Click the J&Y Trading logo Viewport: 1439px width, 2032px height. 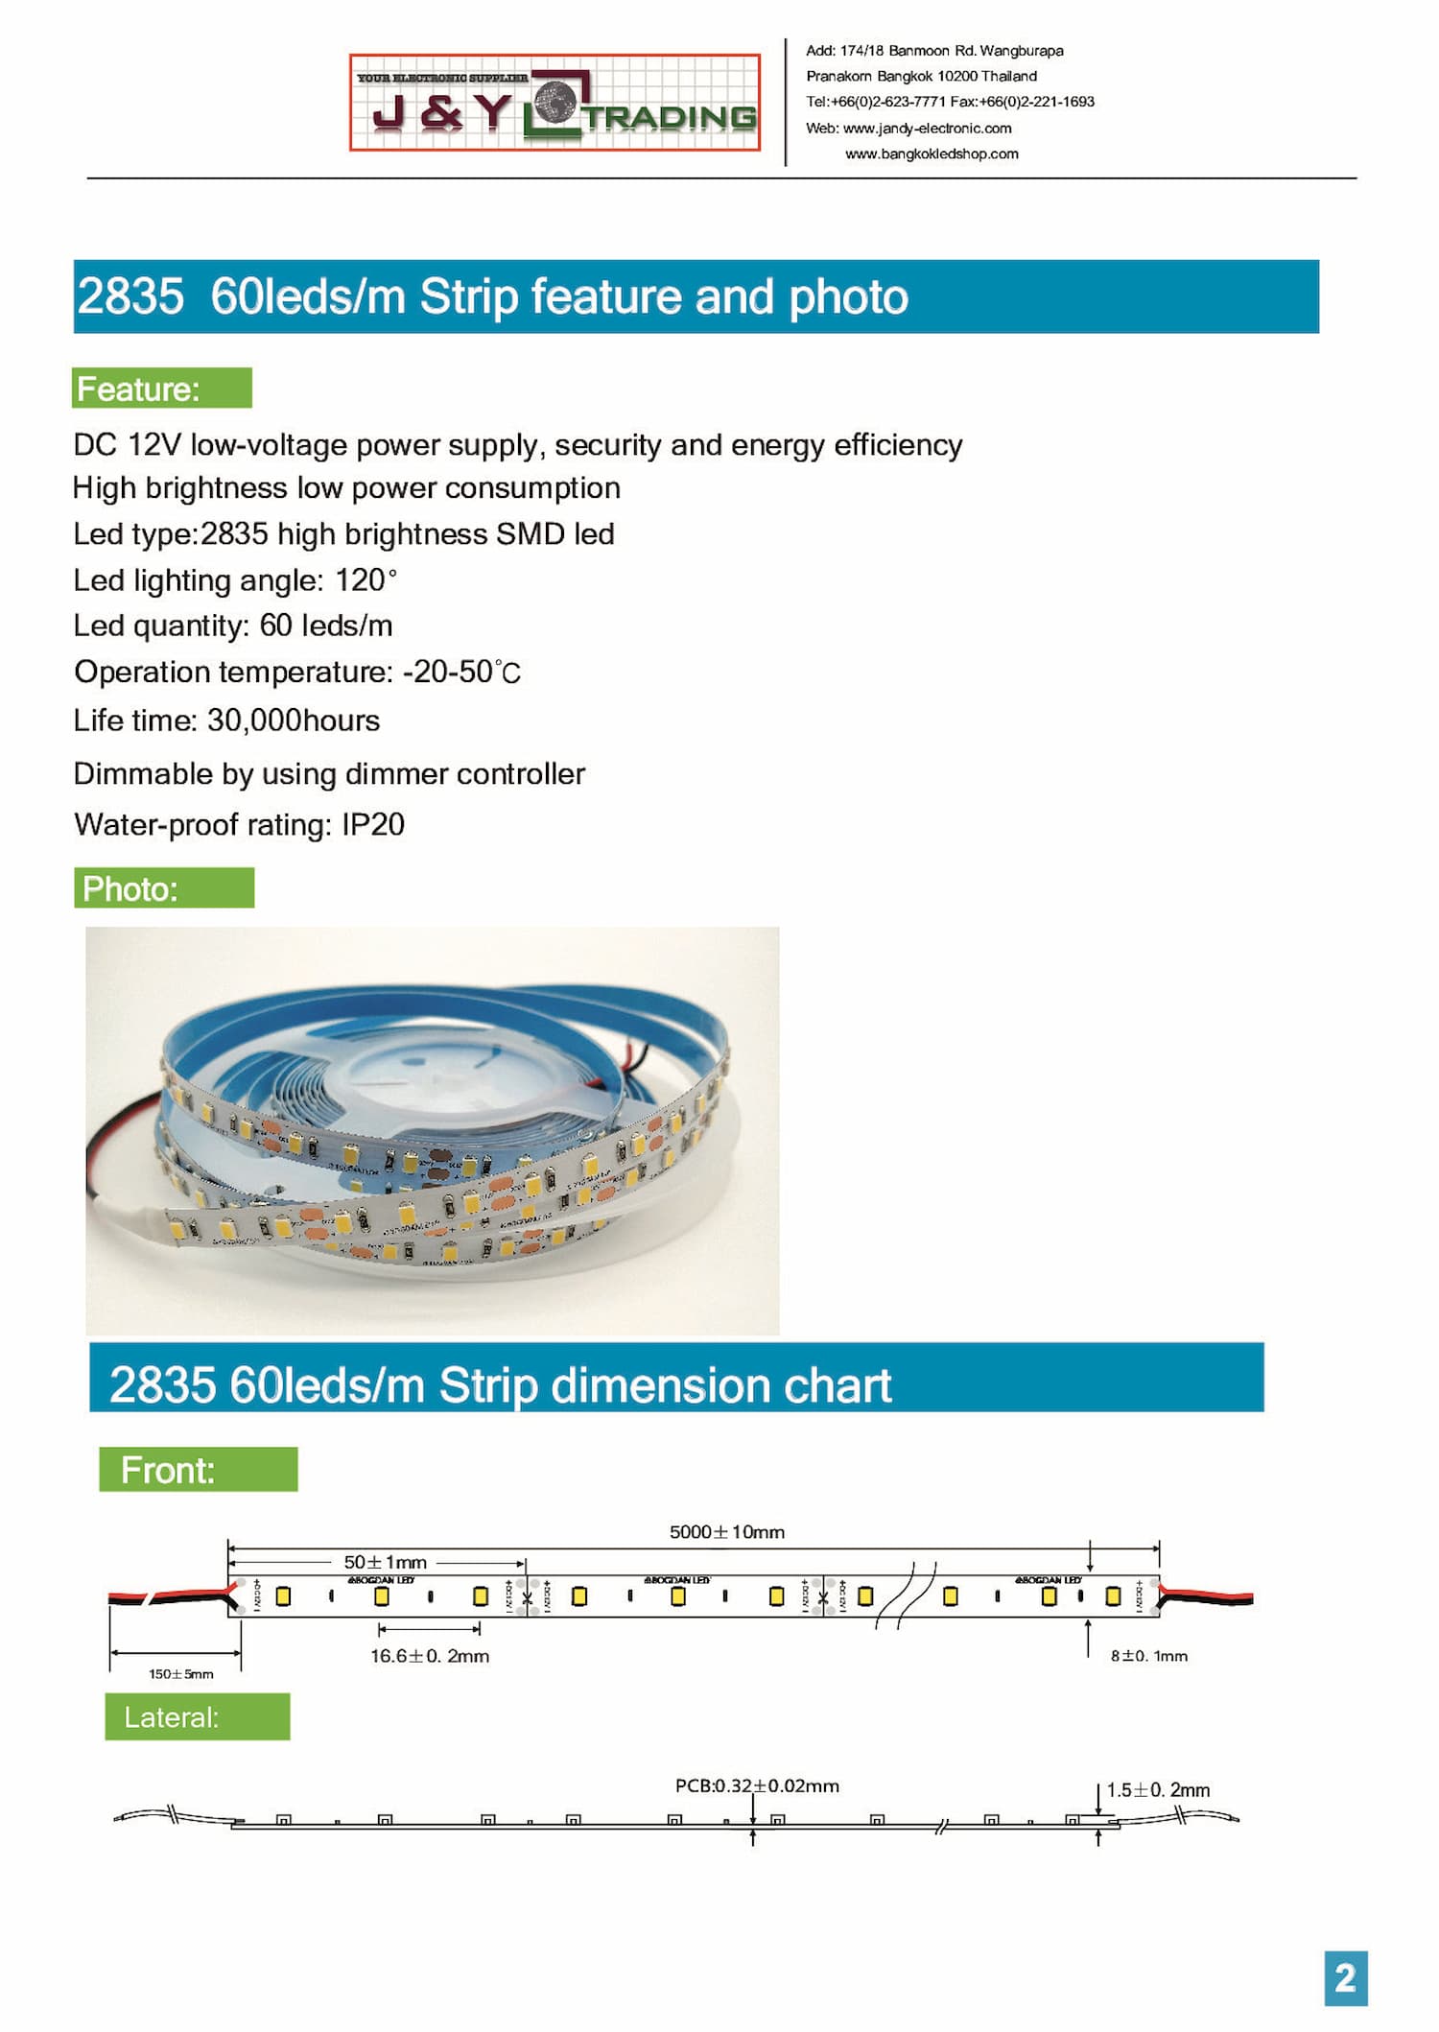(554, 103)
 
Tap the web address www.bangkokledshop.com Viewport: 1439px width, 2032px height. (931, 154)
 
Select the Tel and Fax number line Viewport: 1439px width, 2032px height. (950, 102)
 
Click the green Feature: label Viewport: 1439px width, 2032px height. (161, 389)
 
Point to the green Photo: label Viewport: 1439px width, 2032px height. (164, 888)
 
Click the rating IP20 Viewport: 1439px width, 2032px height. (373, 824)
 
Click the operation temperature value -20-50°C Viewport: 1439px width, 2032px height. (461, 672)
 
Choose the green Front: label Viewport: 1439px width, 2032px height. (198, 1470)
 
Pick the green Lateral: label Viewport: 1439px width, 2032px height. (197, 1716)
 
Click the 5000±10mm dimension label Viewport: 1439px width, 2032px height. (726, 1532)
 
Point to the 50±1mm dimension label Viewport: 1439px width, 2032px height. (385, 1562)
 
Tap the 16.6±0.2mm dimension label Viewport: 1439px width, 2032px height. (430, 1656)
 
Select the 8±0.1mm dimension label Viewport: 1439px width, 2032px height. (1148, 1656)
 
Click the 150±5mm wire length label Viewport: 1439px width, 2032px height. (180, 1674)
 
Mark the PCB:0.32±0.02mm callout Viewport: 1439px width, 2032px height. (757, 1785)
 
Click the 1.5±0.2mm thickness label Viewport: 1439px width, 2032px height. (1158, 1789)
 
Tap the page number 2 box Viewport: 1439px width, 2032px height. (1345, 1978)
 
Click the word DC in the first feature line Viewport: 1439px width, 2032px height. (95, 445)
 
